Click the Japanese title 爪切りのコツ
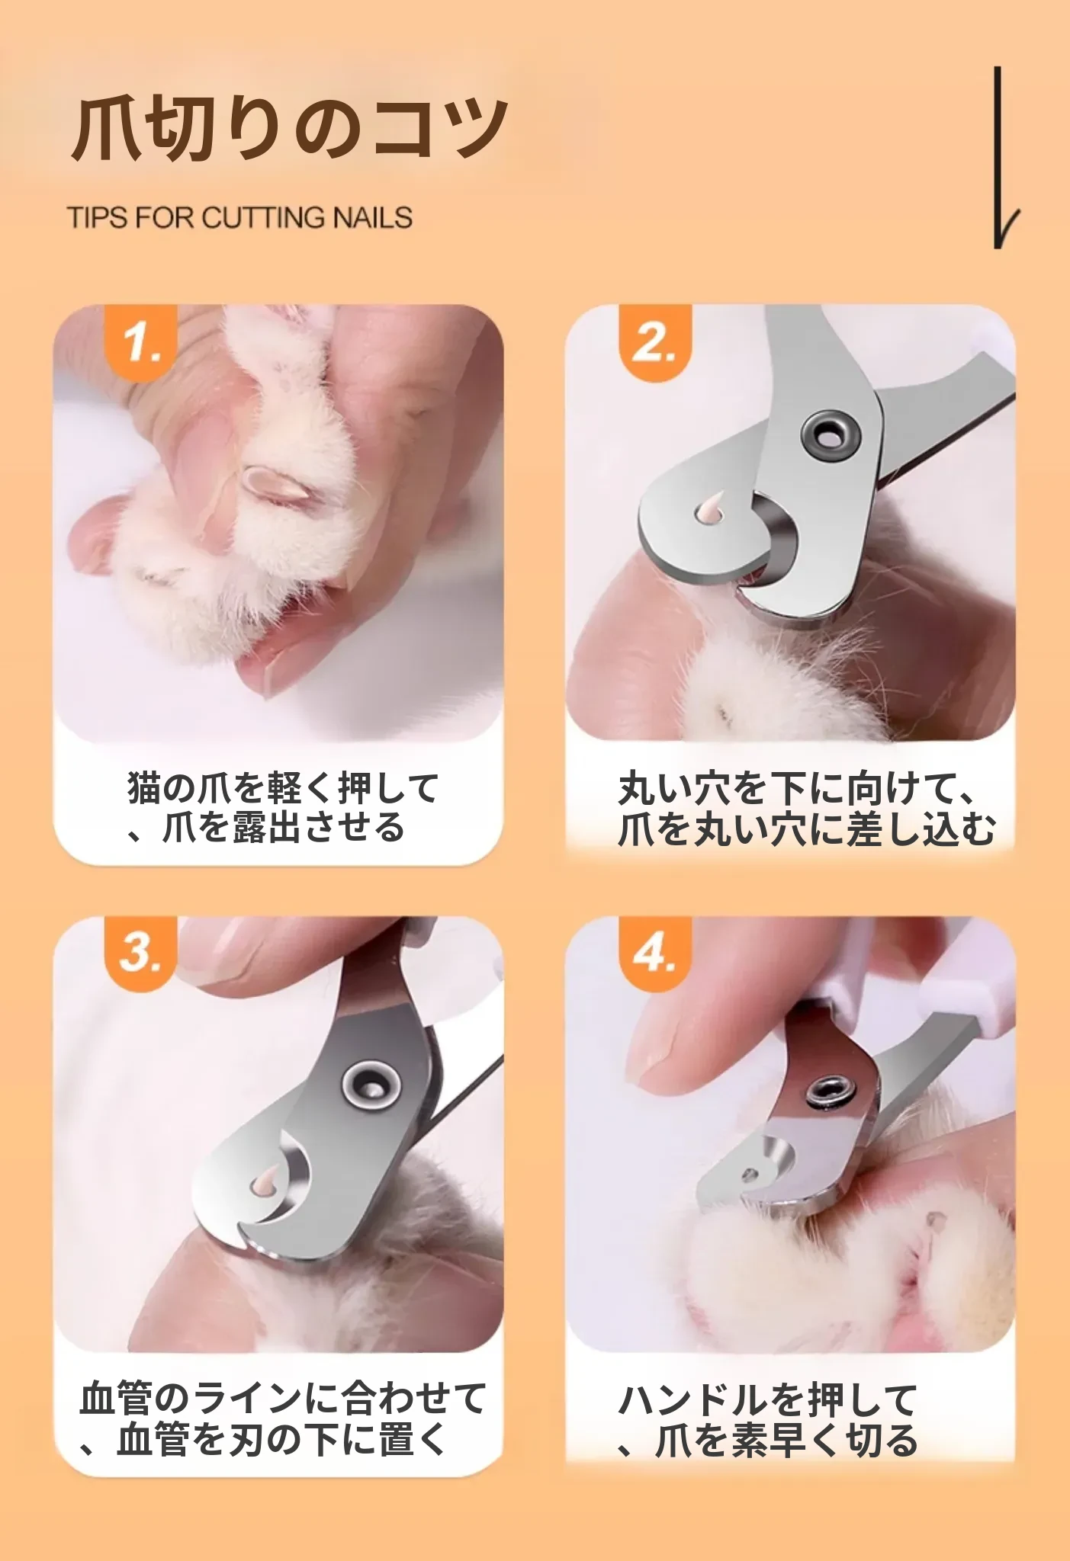(x=289, y=128)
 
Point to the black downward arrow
(x=1002, y=157)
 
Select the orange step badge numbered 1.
(x=141, y=341)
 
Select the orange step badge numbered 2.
(x=654, y=341)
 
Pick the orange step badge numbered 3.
(x=141, y=953)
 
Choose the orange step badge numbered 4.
(x=654, y=953)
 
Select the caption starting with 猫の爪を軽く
(x=283, y=808)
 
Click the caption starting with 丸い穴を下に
(x=807, y=809)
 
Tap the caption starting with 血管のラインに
(x=283, y=1419)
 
